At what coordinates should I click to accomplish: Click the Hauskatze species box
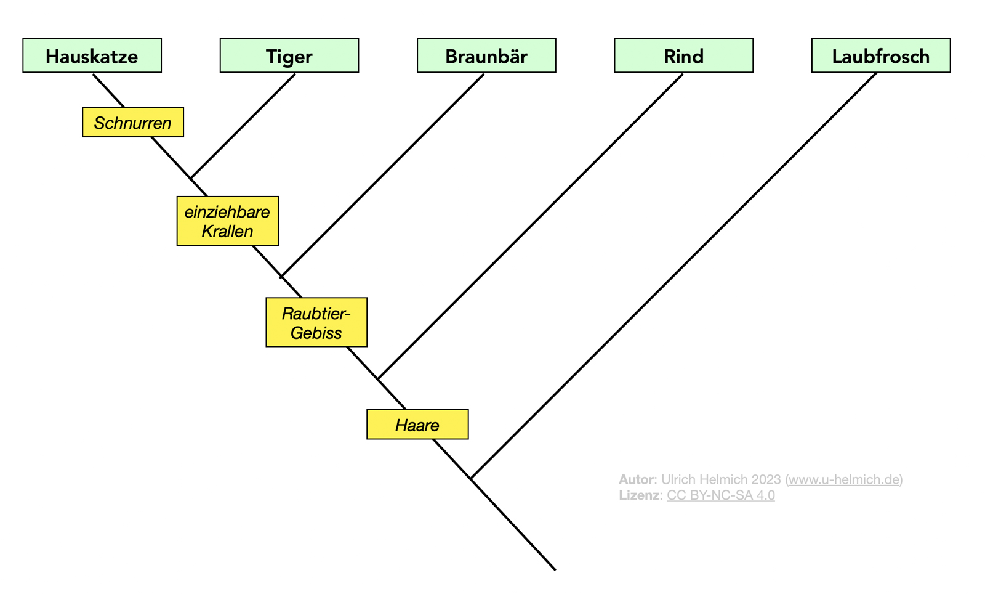[92, 56]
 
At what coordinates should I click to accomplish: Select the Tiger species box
[289, 56]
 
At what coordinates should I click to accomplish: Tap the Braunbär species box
[486, 56]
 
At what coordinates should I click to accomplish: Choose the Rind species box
[683, 56]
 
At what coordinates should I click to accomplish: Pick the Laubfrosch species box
[880, 56]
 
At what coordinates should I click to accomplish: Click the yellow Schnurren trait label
[133, 123]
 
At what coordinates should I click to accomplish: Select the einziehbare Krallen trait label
[227, 221]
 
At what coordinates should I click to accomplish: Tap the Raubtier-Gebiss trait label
[316, 323]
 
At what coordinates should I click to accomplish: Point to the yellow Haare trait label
[417, 425]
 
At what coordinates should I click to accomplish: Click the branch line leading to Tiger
[243, 126]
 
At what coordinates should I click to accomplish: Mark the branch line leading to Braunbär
[382, 176]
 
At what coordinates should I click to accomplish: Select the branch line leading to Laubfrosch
[674, 275]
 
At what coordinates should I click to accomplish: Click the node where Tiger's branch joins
[191, 178]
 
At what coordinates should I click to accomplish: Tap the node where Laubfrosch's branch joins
[471, 479]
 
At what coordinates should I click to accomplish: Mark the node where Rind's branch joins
[378, 378]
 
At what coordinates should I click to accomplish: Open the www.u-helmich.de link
[844, 479]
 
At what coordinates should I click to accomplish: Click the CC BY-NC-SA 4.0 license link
[720, 495]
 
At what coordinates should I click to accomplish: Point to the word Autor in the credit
[636, 479]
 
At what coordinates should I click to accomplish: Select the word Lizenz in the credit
[640, 495]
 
